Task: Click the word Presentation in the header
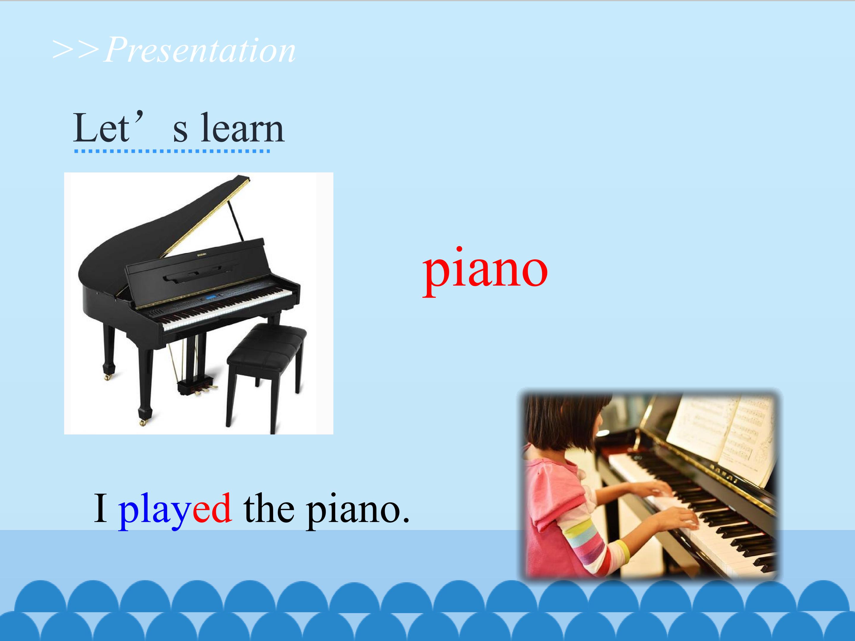[200, 50]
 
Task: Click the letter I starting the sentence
[101, 508]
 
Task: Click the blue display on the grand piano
[211, 297]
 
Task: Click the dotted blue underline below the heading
[172, 151]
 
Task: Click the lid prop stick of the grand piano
[236, 220]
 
